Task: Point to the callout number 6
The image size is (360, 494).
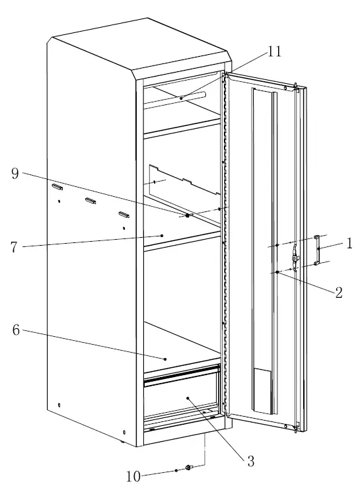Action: click(15, 330)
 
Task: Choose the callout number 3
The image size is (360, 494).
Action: click(250, 462)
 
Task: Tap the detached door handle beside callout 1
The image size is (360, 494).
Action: click(318, 250)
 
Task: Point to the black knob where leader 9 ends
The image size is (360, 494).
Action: click(188, 215)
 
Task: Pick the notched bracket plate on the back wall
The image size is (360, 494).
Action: click(182, 182)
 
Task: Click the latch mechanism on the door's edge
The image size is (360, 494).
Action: click(296, 257)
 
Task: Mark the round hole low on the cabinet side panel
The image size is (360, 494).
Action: click(59, 405)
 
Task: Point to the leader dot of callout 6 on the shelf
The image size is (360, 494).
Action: click(165, 359)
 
